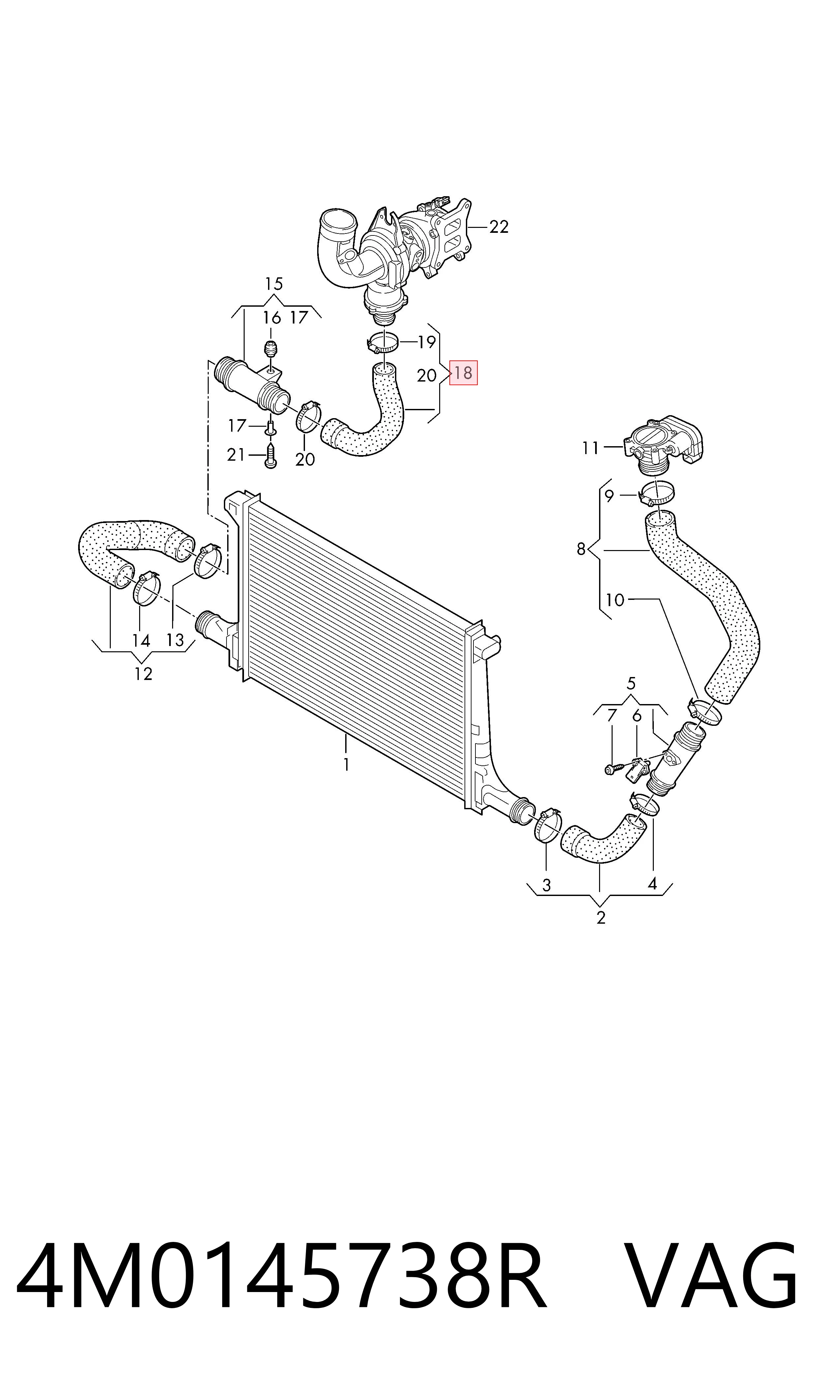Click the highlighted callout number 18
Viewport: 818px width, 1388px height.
[463, 373]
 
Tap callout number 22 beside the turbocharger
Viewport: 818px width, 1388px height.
[499, 227]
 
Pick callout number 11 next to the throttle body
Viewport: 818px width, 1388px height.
[591, 448]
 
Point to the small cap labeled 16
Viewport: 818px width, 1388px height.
[270, 350]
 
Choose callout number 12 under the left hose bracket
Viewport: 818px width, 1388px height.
[143, 674]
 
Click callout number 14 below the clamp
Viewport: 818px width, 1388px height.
[141, 640]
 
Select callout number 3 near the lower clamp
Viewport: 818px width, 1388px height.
[546, 885]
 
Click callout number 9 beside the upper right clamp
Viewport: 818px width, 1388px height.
[609, 496]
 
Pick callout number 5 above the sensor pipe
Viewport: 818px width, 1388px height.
[631, 684]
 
